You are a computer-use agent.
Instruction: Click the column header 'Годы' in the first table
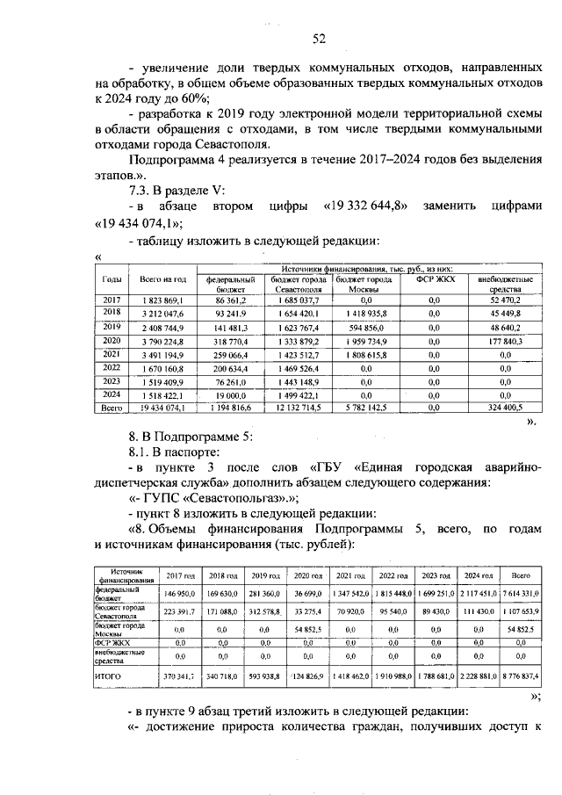pos(112,278)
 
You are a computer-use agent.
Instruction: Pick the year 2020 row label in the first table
pos(112,339)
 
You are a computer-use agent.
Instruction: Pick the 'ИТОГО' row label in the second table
pos(108,676)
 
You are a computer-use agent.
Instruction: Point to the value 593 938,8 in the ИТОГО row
pos(263,676)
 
